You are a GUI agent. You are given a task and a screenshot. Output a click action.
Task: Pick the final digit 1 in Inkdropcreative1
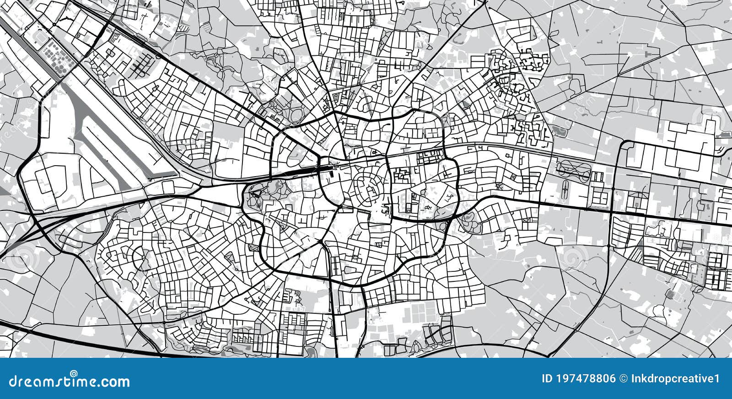717,379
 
